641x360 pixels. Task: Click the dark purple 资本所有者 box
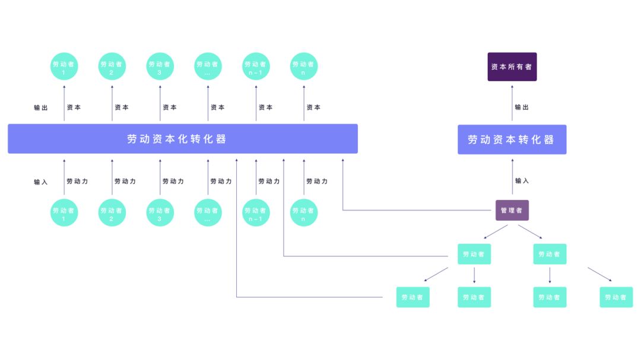pyautogui.click(x=512, y=67)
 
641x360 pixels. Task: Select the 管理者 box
pyautogui.click(x=512, y=211)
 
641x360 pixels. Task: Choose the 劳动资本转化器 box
pyautogui.click(x=512, y=139)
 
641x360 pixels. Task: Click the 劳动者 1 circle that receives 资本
pyautogui.click(x=64, y=67)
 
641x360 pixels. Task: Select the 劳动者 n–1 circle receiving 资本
pyautogui.click(x=256, y=67)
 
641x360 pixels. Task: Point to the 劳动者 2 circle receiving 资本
pyautogui.click(x=112, y=67)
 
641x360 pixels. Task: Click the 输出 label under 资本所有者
pyautogui.click(x=522, y=107)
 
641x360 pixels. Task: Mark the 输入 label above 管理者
pyautogui.click(x=522, y=181)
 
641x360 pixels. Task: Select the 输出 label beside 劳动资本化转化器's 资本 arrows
pyautogui.click(x=41, y=108)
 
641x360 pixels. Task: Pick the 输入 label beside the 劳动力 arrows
pyautogui.click(x=41, y=182)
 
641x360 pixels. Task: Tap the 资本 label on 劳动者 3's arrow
pyautogui.click(x=170, y=107)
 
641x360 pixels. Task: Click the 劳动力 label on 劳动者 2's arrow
pyautogui.click(x=125, y=181)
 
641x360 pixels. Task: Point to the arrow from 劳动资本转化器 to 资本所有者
pyautogui.click(x=512, y=103)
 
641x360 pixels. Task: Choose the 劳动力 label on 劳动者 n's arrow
pyautogui.click(x=317, y=181)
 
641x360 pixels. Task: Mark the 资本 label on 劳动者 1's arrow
pyautogui.click(x=74, y=107)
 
